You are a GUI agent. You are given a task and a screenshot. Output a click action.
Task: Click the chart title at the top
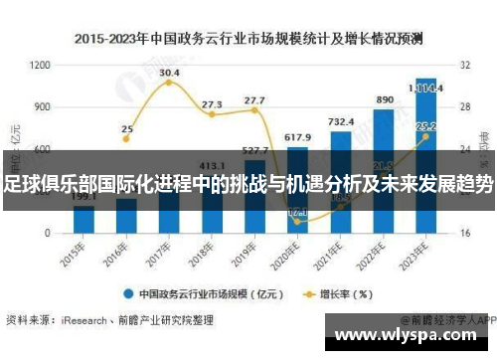[x=248, y=40]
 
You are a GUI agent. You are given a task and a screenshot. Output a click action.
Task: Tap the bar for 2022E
[x=383, y=170]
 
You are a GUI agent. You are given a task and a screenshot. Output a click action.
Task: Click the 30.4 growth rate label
[x=169, y=73]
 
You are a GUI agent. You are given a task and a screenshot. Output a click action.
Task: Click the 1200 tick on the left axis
[x=41, y=65]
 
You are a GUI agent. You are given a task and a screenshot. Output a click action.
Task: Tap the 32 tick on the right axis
[x=463, y=65]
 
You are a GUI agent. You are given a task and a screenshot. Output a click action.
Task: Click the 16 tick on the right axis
[x=463, y=233]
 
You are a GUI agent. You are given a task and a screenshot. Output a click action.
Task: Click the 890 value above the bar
[x=384, y=100]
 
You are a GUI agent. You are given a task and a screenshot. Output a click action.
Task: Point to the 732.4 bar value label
[x=341, y=122]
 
